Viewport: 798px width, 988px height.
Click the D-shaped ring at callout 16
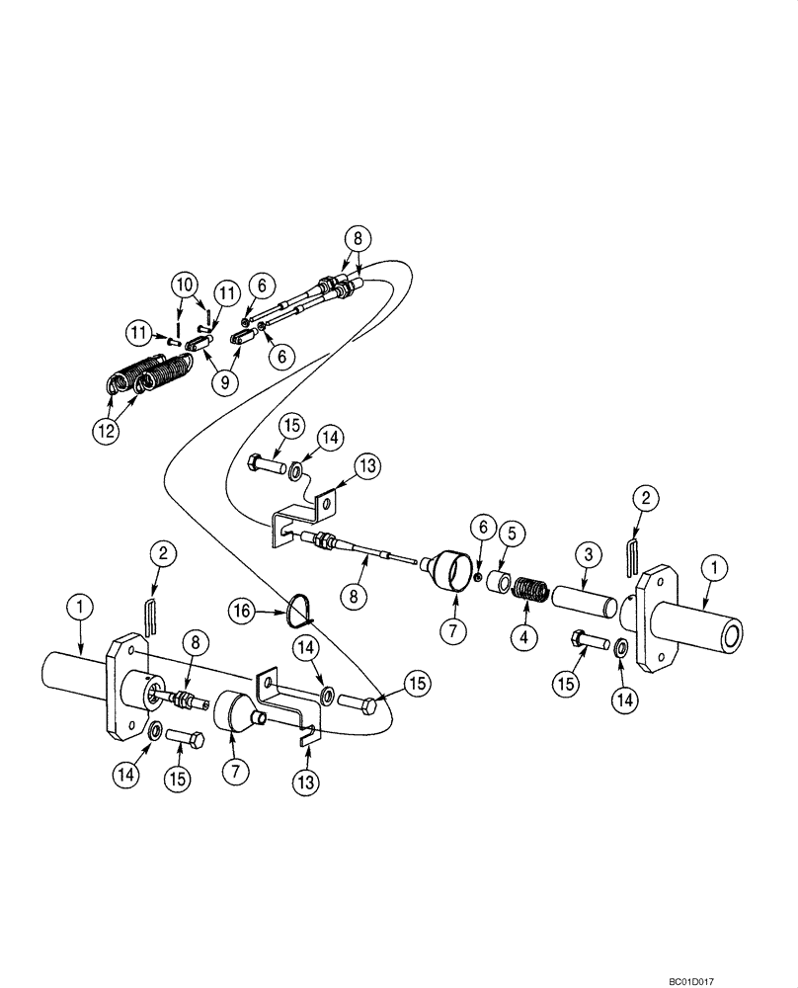[292, 608]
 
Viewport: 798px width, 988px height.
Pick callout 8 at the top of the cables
[358, 239]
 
